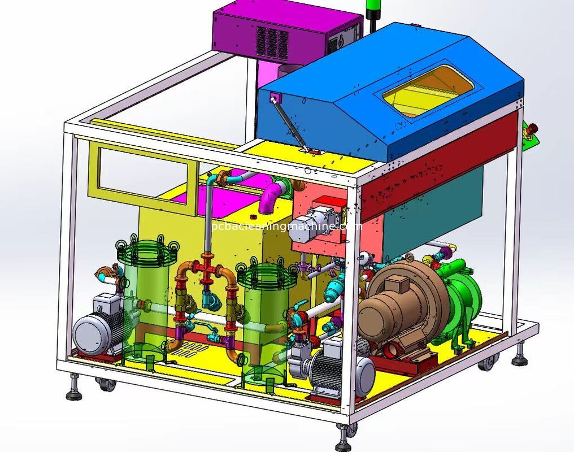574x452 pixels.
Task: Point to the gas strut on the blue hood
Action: pyautogui.click(x=289, y=124)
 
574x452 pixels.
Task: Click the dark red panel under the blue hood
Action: pyautogui.click(x=441, y=164)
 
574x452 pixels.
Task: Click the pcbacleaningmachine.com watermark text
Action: pyautogui.click(x=285, y=227)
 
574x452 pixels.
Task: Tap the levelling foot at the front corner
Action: pyautogui.click(x=342, y=438)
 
